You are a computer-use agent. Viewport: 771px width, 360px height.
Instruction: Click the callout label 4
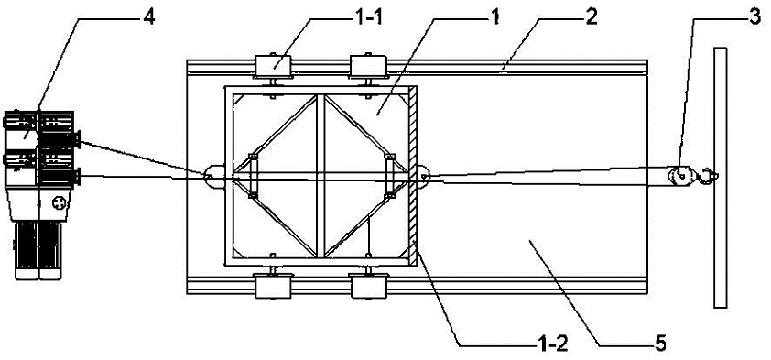coord(149,17)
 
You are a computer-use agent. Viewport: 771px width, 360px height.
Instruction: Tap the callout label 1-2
coord(550,344)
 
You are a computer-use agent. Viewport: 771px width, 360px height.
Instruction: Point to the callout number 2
coord(592,17)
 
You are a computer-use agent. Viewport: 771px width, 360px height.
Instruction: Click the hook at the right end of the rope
coord(709,176)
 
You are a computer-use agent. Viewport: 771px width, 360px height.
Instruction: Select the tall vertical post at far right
coord(721,178)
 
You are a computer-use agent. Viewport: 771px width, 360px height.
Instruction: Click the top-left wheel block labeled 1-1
coord(274,66)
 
